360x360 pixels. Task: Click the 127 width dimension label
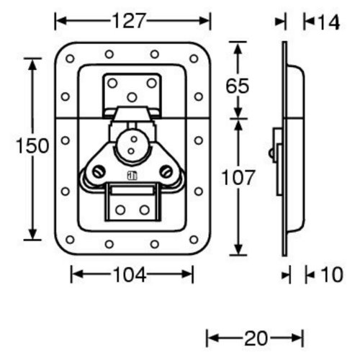(x=129, y=21)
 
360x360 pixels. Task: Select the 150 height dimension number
(x=32, y=146)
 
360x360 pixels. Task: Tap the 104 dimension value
(x=130, y=274)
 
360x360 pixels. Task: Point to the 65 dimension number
(x=238, y=86)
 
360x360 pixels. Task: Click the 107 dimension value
(x=238, y=177)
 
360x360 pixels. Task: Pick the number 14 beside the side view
(x=328, y=22)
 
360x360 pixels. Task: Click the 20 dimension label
(x=256, y=338)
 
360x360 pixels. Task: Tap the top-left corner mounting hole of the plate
(x=70, y=58)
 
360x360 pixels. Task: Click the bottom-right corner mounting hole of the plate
(x=194, y=239)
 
